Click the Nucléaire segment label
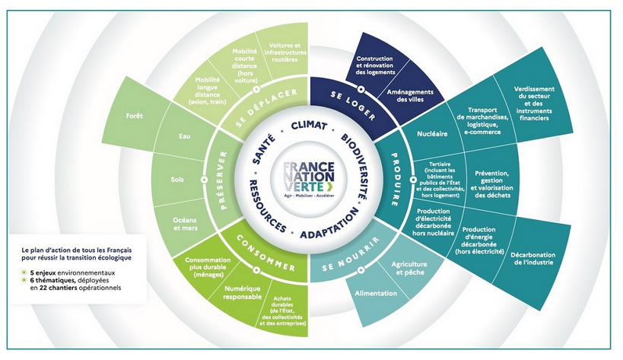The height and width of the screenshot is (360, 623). pyautogui.click(x=431, y=135)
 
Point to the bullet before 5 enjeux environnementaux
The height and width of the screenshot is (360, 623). pyautogui.click(x=25, y=271)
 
